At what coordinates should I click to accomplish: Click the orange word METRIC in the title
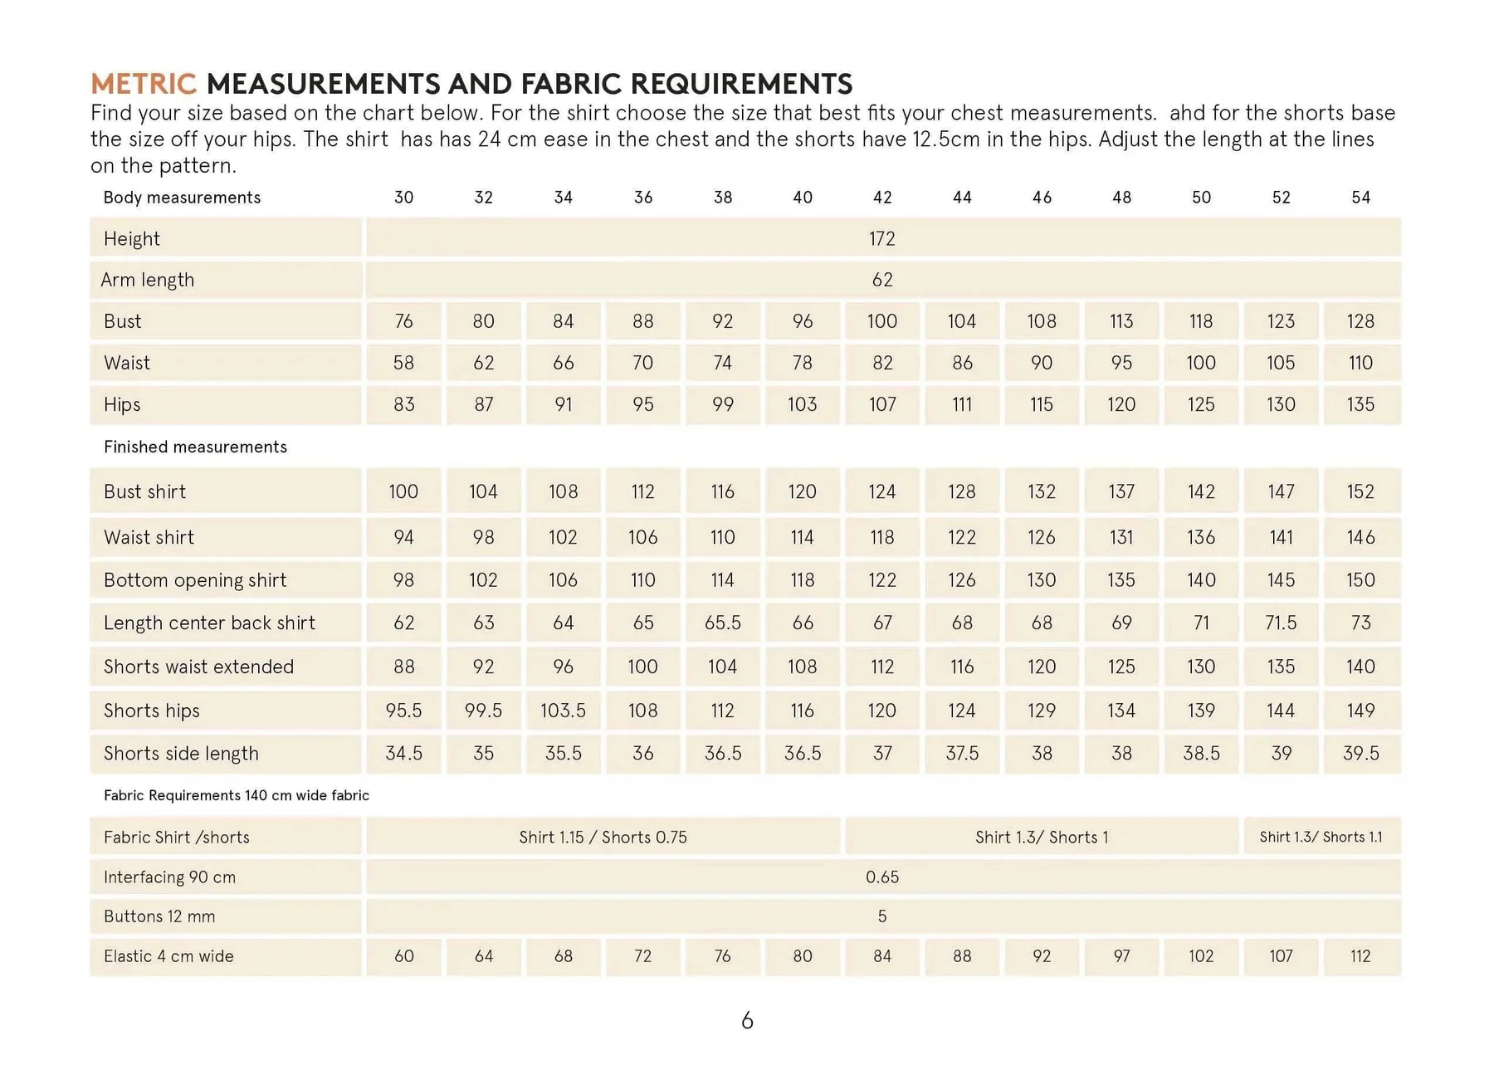click(143, 84)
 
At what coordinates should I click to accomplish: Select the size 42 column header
click(881, 198)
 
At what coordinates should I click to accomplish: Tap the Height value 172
click(881, 239)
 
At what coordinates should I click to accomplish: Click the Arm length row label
click(148, 280)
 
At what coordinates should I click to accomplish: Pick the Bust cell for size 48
click(1120, 321)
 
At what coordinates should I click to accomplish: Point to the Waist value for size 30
click(403, 363)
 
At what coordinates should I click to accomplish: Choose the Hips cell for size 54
click(1360, 404)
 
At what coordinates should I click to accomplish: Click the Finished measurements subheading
click(195, 447)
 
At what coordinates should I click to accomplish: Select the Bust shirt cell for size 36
click(642, 491)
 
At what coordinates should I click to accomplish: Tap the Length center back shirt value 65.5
click(722, 623)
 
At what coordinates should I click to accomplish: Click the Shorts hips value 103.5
click(563, 711)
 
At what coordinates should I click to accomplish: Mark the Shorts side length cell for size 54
click(1360, 754)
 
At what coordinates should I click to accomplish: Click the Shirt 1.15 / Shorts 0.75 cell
click(603, 838)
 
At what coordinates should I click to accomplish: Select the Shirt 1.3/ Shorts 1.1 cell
click(1321, 838)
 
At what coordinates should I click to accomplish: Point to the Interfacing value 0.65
click(881, 877)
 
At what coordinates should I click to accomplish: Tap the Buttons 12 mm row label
click(159, 917)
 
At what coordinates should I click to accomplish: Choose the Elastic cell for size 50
click(1200, 956)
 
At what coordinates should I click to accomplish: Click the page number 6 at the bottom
click(747, 1020)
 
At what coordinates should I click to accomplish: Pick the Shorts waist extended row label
click(198, 667)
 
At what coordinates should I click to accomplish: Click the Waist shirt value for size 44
click(961, 537)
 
